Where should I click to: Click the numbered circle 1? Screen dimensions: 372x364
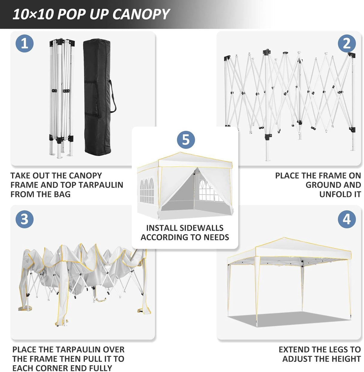25,44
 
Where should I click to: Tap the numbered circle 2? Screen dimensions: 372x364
347,44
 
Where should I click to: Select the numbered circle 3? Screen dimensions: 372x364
25,219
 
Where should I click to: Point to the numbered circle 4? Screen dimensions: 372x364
347,219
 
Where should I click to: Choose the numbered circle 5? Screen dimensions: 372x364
186,140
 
